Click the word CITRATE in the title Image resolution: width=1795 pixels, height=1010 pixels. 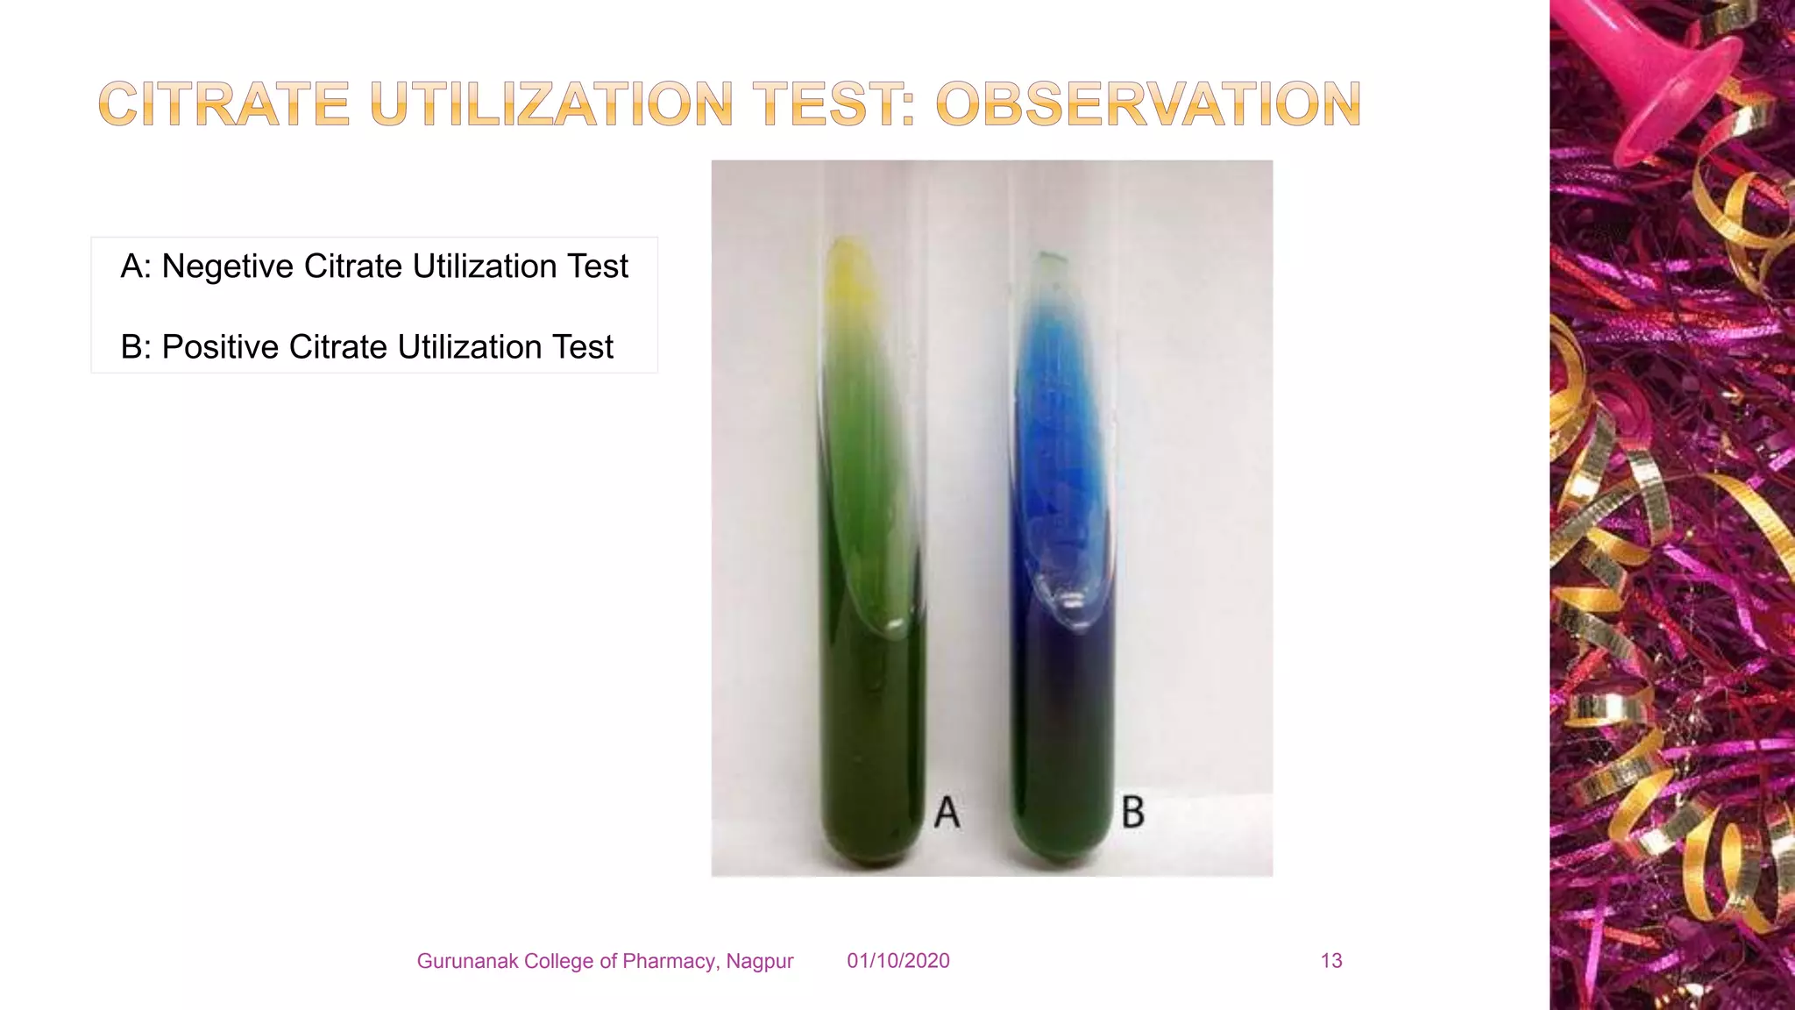224,104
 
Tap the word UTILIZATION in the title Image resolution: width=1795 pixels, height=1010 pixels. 550,104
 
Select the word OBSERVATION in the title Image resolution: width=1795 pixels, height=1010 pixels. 1148,104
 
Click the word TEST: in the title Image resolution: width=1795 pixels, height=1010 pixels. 838,104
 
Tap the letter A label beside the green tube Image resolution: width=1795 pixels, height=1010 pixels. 947,813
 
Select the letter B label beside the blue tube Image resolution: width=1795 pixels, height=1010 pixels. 1132,813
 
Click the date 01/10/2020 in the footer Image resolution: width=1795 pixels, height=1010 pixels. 897,961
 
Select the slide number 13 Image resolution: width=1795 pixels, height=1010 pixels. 1330,961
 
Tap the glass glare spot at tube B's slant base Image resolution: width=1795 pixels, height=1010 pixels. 1071,602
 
